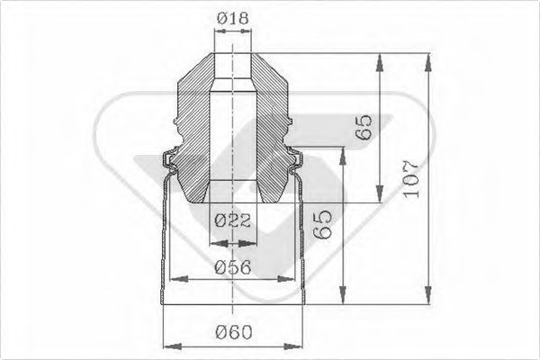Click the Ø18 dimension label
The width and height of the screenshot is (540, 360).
click(x=233, y=15)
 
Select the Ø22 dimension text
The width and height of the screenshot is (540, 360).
click(x=232, y=220)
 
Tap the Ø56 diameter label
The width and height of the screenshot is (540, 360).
click(x=233, y=266)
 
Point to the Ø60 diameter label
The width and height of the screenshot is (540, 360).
click(x=233, y=332)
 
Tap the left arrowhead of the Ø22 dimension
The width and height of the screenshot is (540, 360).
click(x=211, y=240)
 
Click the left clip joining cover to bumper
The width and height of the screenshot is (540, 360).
click(x=168, y=161)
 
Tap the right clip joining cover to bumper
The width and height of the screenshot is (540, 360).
click(x=296, y=161)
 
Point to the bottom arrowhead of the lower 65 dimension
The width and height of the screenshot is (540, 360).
click(x=341, y=301)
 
